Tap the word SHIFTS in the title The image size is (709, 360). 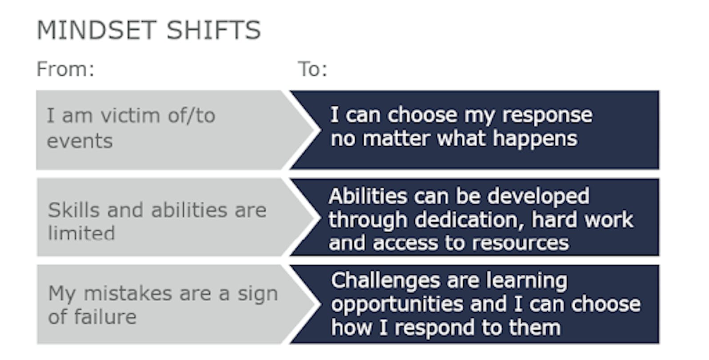(x=213, y=30)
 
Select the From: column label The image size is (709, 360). (x=65, y=69)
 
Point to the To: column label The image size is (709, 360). (x=312, y=69)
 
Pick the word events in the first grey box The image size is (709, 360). (x=80, y=141)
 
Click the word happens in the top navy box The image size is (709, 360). (x=535, y=139)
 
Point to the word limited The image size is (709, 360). (x=81, y=233)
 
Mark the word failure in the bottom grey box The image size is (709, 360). (x=105, y=317)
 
